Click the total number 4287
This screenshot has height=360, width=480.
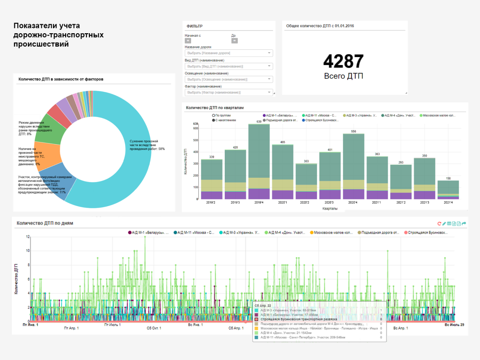coord(343,61)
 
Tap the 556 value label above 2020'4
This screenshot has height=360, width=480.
coord(353,132)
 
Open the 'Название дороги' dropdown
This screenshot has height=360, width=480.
coord(229,53)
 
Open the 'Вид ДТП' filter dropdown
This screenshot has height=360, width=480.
coord(229,66)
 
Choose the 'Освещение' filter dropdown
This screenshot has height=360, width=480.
coord(229,79)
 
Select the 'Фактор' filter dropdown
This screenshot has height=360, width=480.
coord(229,92)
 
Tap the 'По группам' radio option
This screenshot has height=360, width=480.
coord(214,115)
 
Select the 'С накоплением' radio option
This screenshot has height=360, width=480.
coord(214,120)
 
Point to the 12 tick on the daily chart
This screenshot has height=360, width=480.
coord(28,237)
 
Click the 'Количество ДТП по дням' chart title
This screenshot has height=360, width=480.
coord(45,223)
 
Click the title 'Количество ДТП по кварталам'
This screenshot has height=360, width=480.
coord(214,108)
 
